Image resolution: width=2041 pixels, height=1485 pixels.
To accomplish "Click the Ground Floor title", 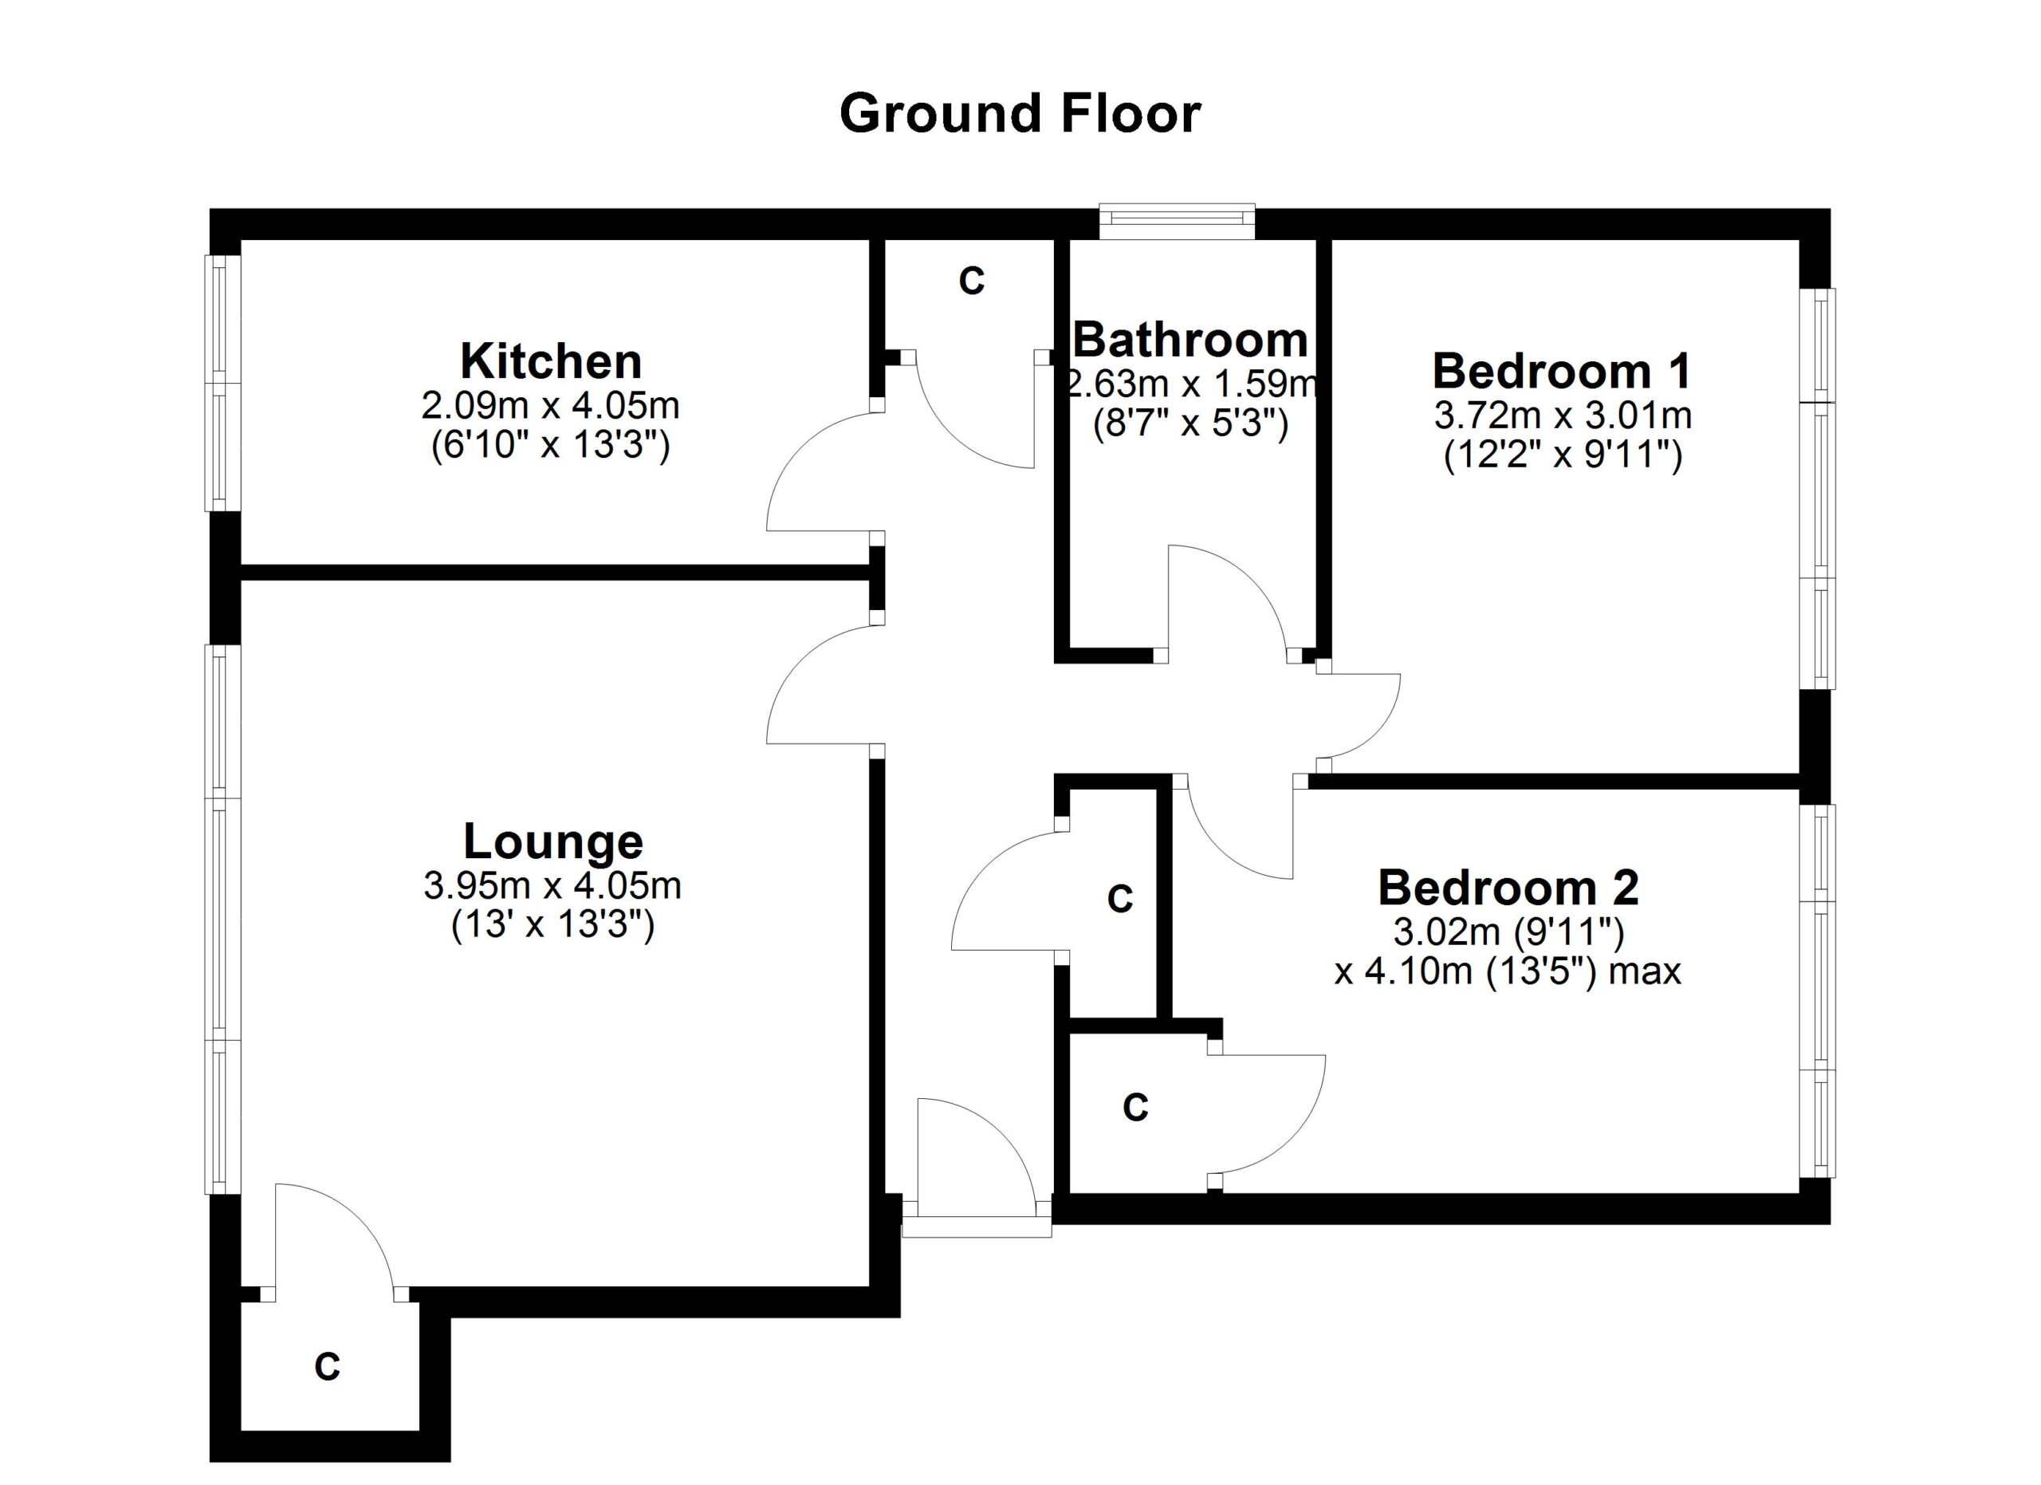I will click(x=1019, y=114).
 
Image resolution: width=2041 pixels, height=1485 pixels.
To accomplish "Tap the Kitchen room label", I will click(x=551, y=362).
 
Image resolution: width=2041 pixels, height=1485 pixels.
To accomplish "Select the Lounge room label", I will click(x=553, y=842).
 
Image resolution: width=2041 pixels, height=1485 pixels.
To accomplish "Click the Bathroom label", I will click(x=1190, y=341).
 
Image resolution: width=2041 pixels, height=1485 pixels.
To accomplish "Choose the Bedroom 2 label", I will click(x=1508, y=888).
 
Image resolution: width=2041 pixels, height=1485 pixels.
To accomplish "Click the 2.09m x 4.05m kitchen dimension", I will click(x=551, y=407).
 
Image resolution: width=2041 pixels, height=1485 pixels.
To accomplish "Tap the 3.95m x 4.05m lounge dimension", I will click(x=553, y=887).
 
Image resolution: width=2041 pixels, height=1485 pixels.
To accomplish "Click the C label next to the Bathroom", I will click(x=971, y=282).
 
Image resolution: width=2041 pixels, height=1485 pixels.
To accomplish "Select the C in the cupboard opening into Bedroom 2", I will click(x=1135, y=1108).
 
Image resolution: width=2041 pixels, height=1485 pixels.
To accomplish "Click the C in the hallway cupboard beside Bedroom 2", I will click(x=1119, y=899).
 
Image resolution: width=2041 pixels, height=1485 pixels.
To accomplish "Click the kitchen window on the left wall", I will click(x=222, y=384).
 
